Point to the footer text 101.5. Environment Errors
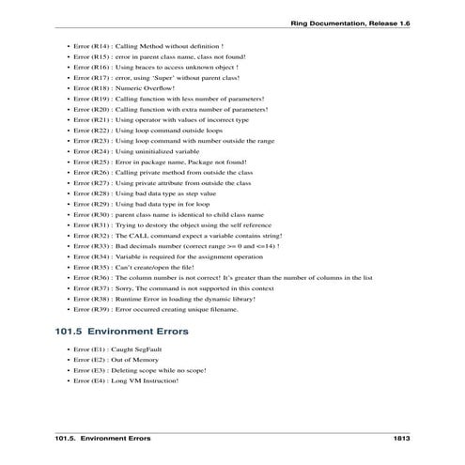[x=102, y=440]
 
